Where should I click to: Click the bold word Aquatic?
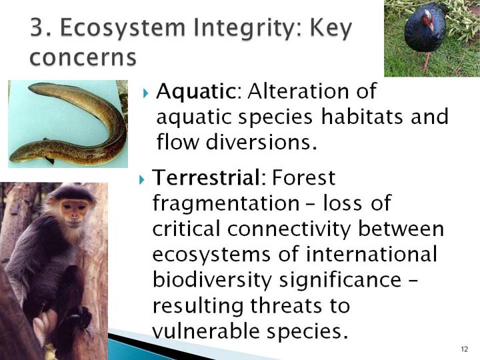coord(195,91)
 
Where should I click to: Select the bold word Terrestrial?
coord(206,177)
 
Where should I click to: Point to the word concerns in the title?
coord(83,57)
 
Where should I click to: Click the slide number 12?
coord(465,349)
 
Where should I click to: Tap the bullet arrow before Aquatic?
coord(145,93)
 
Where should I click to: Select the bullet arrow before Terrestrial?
coord(141,179)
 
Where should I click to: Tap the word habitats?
coord(362,117)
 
